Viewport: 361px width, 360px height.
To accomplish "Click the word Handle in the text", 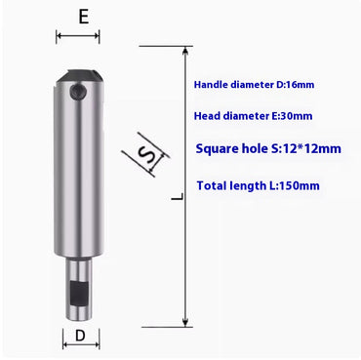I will click(215, 84).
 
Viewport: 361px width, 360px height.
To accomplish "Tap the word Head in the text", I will click(210, 118).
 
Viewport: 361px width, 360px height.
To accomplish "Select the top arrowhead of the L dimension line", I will click(186, 52).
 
